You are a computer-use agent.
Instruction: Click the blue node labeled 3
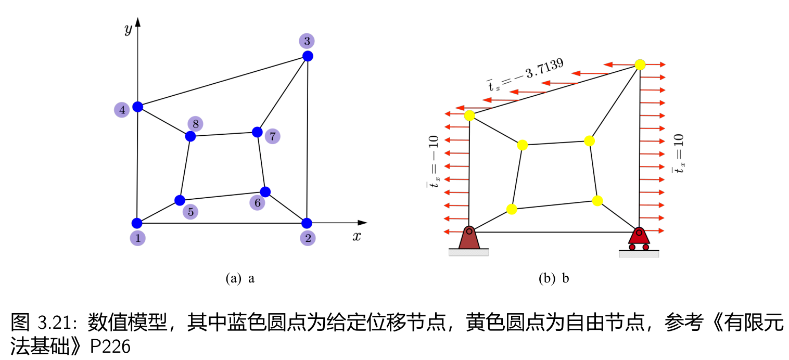tap(308, 56)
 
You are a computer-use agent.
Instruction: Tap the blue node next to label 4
tap(137, 107)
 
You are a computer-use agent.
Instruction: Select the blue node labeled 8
tap(190, 136)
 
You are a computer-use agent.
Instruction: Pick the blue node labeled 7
tap(257, 132)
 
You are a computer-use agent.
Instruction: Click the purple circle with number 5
tap(190, 212)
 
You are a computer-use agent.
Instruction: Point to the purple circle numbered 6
tap(257, 203)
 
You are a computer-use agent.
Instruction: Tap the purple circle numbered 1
tap(137, 238)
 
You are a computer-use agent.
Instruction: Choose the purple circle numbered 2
tap(308, 238)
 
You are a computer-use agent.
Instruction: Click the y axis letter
tap(128, 30)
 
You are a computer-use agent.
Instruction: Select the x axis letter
tap(357, 237)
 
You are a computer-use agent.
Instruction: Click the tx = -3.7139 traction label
tap(526, 76)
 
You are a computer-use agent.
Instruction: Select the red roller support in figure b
tap(639, 239)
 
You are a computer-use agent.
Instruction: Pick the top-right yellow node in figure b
tap(640, 65)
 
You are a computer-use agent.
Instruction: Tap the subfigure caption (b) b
tap(554, 278)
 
